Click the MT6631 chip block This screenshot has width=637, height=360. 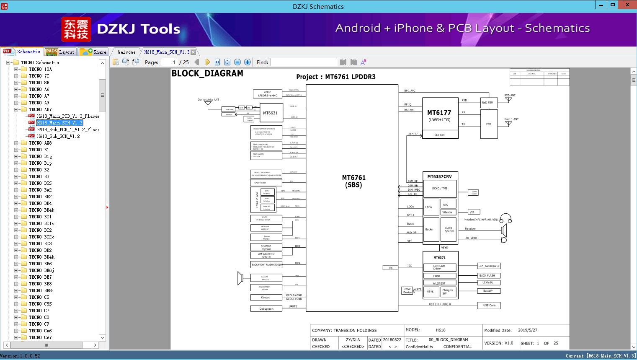pyautogui.click(x=270, y=113)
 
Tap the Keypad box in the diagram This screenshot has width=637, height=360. pyautogui.click(x=266, y=298)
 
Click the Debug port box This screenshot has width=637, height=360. pyautogui.click(x=266, y=308)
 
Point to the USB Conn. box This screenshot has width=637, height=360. pyautogui.click(x=489, y=305)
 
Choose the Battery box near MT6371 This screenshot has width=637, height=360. pyautogui.click(x=488, y=291)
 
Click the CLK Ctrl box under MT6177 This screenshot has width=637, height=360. pyautogui.click(x=439, y=135)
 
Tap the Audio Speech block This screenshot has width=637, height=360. pyautogui.click(x=449, y=229)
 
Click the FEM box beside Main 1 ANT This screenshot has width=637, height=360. pyautogui.click(x=488, y=124)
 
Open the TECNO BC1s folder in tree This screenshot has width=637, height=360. pyautogui.click(x=41, y=223)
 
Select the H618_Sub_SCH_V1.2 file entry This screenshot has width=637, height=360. pyautogui.click(x=58, y=136)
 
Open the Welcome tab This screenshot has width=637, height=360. pyautogui.click(x=126, y=52)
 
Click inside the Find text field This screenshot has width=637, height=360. pyautogui.click(x=304, y=62)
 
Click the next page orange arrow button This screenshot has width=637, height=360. pyautogui.click(x=207, y=62)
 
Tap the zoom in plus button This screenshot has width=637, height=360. pyautogui.click(x=248, y=62)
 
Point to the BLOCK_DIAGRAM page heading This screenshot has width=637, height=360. pyautogui.click(x=207, y=73)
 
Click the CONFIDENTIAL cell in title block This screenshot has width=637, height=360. pyautogui.click(x=457, y=347)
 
